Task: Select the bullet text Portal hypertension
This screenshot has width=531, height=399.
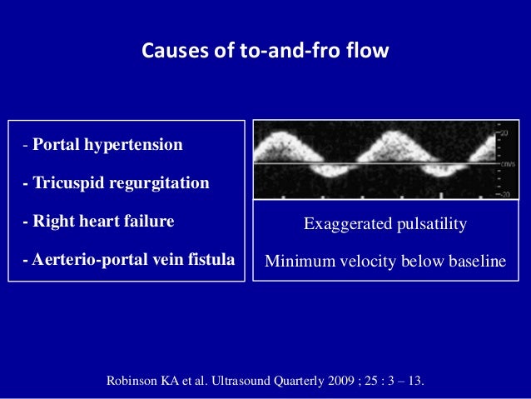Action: pyautogui.click(x=107, y=145)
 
